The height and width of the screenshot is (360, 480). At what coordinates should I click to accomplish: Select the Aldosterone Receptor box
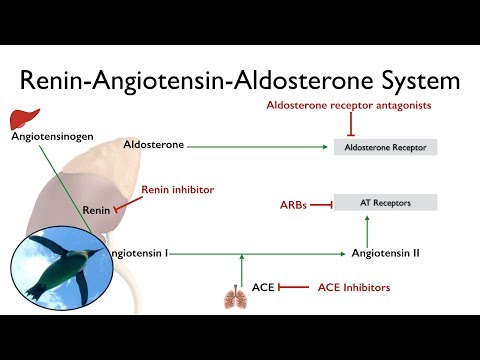pos(385,147)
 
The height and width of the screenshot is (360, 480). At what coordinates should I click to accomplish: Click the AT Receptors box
pos(385,202)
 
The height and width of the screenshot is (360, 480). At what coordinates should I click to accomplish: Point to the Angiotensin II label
pos(385,253)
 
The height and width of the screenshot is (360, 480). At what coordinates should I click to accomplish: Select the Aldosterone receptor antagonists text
pos(349,105)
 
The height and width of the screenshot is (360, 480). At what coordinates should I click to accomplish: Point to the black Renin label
pos(95,210)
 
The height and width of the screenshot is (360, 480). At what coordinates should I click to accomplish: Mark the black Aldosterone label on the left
pos(153,145)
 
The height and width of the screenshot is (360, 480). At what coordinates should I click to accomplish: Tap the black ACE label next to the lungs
pos(263,288)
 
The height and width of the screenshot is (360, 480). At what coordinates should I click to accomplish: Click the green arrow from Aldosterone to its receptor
pos(260,146)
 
